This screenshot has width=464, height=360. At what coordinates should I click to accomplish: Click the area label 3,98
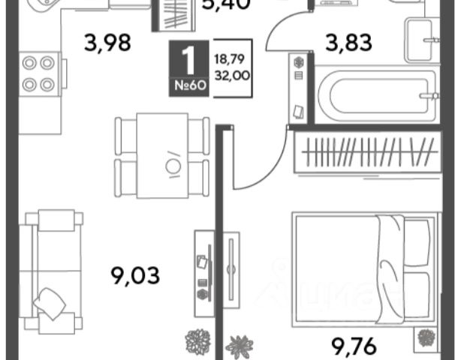point(108,43)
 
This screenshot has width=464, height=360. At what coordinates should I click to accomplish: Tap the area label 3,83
point(348,43)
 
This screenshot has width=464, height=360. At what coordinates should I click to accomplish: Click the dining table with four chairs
point(161,156)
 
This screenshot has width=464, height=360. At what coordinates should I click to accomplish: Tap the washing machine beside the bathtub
point(298,88)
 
